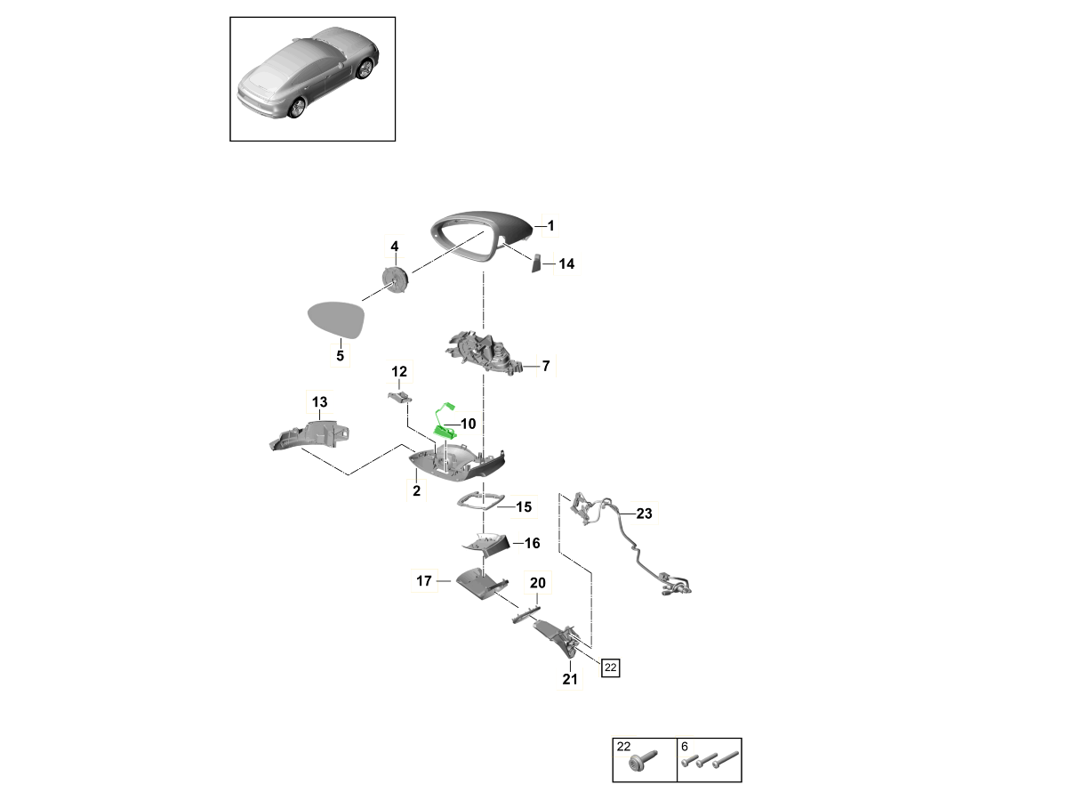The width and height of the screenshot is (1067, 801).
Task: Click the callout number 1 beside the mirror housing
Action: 550,227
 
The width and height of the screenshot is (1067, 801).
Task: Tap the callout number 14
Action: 566,264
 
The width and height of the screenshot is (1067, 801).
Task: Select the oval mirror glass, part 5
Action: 334,320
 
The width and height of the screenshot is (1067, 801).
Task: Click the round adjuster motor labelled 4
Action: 394,278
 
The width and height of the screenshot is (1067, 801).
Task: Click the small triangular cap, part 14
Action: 537,263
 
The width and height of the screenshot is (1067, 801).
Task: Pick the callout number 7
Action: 546,366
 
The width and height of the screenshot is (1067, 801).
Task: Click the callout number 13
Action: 318,402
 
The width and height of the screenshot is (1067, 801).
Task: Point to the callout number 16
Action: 532,543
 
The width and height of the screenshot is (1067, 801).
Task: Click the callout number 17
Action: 423,581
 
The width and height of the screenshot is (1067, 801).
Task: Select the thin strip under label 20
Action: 525,612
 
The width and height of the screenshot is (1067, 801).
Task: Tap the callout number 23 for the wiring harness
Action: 644,514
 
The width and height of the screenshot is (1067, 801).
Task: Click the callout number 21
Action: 569,681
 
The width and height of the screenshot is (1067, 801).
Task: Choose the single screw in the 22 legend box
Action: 640,764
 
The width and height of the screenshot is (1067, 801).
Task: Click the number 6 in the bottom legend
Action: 685,746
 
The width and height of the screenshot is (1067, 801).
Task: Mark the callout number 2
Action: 415,490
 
